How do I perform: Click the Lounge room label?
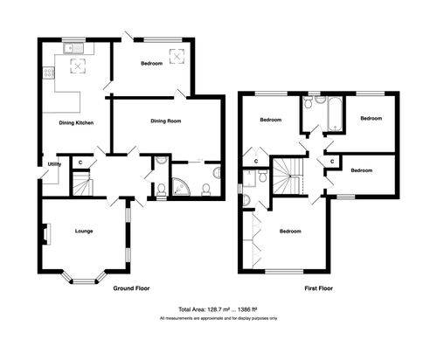pos(84,232)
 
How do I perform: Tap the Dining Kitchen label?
pos(77,122)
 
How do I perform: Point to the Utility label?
pos(53,163)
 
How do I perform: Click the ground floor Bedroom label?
pos(150,63)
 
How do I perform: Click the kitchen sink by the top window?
pos(71,47)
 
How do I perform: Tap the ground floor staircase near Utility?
pos(80,184)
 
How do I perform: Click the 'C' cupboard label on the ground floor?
pos(80,163)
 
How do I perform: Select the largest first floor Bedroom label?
pos(290,232)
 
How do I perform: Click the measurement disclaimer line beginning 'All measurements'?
pos(218,318)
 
